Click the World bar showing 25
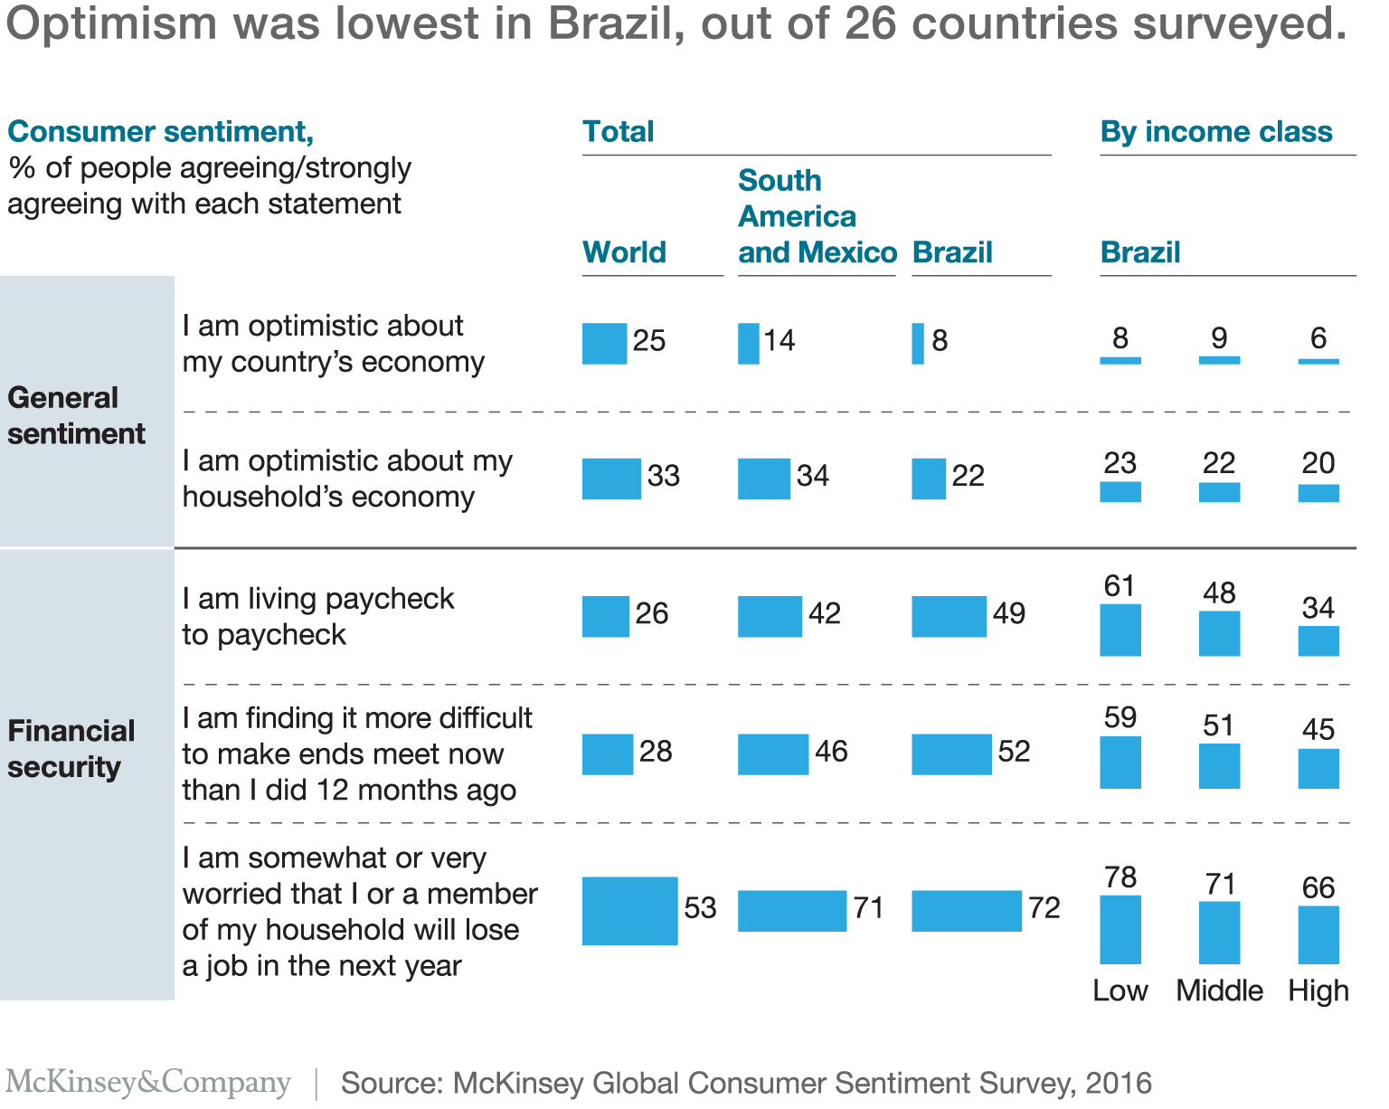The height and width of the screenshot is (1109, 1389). pyautogui.click(x=604, y=344)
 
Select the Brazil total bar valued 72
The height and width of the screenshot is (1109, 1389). pyautogui.click(x=966, y=911)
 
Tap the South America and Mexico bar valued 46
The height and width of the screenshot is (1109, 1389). pyautogui.click(x=772, y=754)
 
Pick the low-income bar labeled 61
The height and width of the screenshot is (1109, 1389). pyautogui.click(x=1120, y=630)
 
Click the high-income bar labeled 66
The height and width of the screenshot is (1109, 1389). pyautogui.click(x=1318, y=935)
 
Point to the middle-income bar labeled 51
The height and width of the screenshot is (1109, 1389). pyautogui.click(x=1218, y=766)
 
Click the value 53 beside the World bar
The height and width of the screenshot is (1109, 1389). pyautogui.click(x=700, y=908)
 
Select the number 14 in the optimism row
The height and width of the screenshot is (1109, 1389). pyautogui.click(x=779, y=341)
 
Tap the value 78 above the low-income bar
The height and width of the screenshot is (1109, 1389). pyautogui.click(x=1120, y=877)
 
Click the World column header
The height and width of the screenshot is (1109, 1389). pyautogui.click(x=624, y=252)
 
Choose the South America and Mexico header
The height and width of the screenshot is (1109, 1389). pyautogui.click(x=817, y=217)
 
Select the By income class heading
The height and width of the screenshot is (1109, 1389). pyautogui.click(x=1215, y=132)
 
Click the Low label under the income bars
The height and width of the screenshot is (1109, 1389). pyautogui.click(x=1120, y=991)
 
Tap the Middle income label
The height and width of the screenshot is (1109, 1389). pyautogui.click(x=1219, y=991)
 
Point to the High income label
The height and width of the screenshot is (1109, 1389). pyautogui.click(x=1318, y=991)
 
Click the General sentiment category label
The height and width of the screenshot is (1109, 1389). pyautogui.click(x=76, y=416)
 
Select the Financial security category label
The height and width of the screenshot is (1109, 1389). pyautogui.click(x=71, y=749)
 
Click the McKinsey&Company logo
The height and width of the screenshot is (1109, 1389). pyautogui.click(x=148, y=1083)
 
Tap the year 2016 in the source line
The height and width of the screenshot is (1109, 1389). pyautogui.click(x=1119, y=1084)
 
